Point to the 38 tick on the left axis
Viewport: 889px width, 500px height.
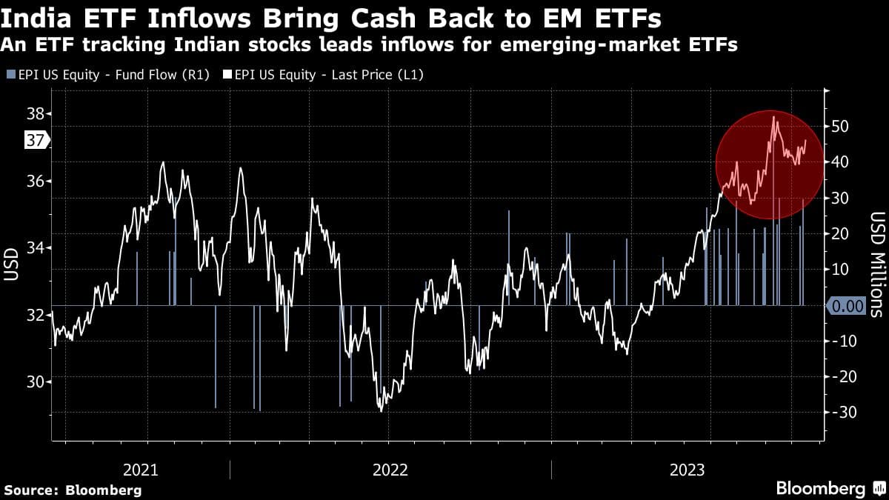tap(36, 114)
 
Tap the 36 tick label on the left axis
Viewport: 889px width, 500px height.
tap(36, 181)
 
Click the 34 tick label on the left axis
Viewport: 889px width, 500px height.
tap(36, 248)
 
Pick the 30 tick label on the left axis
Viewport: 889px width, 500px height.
tap(36, 381)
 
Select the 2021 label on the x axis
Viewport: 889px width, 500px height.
tap(141, 470)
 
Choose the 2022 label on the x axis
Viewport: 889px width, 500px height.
tap(390, 470)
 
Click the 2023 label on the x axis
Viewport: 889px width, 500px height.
tap(687, 470)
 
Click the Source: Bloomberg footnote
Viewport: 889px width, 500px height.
tap(73, 490)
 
